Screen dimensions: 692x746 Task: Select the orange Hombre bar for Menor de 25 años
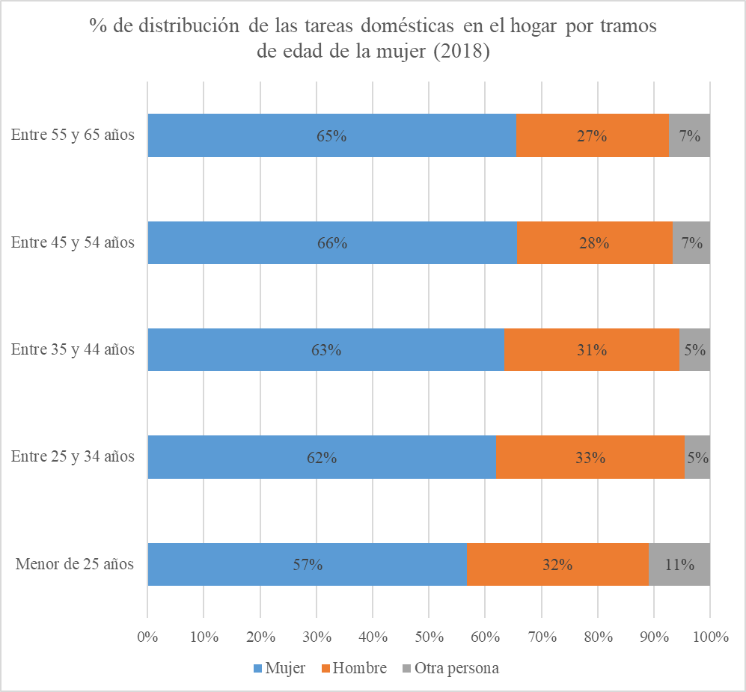coord(557,564)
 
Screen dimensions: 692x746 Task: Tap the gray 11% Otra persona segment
coord(679,564)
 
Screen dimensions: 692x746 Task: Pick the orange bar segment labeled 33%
coord(590,457)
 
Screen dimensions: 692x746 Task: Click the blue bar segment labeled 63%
coord(325,349)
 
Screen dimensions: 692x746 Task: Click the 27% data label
coord(592,136)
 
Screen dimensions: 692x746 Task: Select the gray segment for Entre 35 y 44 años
coord(694,349)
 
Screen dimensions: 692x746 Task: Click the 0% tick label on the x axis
coord(148,637)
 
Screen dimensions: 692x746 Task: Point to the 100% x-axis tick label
coord(710,637)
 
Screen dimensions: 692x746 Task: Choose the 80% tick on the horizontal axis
coord(598,637)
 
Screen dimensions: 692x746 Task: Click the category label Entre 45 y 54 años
coord(73,242)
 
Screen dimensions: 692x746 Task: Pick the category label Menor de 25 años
coord(75,564)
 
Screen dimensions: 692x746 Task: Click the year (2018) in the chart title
coord(462,52)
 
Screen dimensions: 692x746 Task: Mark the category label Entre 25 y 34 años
coord(73,456)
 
